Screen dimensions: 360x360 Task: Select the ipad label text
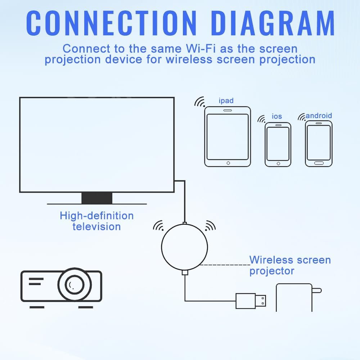pos(226,100)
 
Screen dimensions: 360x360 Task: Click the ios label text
pos(277,116)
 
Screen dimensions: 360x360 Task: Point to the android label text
pos(319,116)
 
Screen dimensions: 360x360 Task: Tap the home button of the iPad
pos(228,163)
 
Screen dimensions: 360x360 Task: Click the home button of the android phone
pos(319,163)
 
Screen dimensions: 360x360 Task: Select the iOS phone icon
pos(278,144)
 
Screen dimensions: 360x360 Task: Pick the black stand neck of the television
pos(97,198)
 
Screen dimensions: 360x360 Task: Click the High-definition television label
pos(96,221)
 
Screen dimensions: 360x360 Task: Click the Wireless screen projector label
pos(290,265)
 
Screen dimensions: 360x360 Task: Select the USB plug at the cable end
pos(251,301)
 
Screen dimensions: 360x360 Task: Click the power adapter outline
pos(294,297)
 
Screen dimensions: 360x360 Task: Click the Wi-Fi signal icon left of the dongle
pos(158,226)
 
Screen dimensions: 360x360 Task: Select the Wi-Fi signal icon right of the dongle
pos(210,226)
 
